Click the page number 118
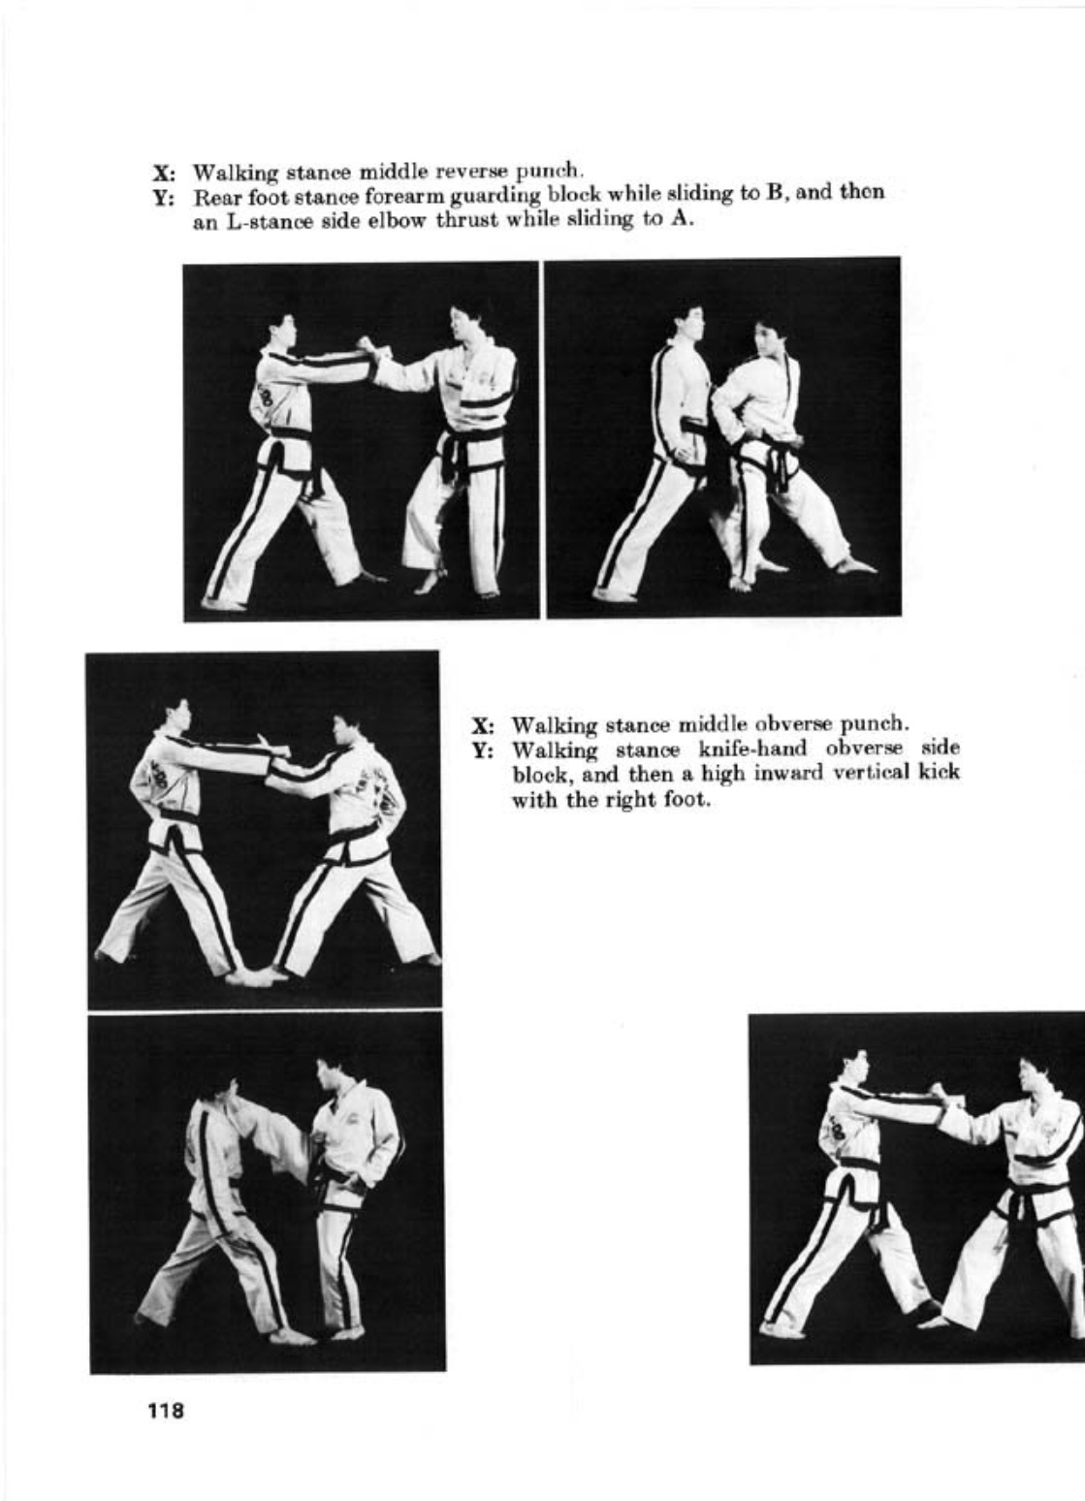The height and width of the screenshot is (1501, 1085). coord(166,1411)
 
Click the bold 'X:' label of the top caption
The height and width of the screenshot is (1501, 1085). coord(164,173)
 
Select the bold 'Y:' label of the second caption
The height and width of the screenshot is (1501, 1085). coord(484,750)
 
